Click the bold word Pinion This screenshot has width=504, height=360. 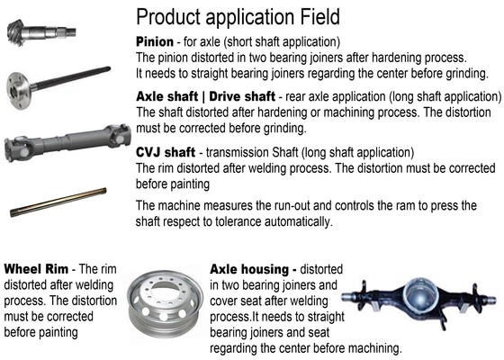tap(155, 41)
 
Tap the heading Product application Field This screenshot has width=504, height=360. tap(238, 17)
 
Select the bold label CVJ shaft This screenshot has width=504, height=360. tap(166, 152)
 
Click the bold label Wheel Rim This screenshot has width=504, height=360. tap(36, 269)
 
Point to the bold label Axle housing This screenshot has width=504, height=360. tap(253, 269)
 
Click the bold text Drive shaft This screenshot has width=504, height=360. tap(242, 96)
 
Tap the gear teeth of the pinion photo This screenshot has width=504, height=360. tap(15, 32)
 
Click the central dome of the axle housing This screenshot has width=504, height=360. tap(421, 294)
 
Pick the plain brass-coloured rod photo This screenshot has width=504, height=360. tap(58, 202)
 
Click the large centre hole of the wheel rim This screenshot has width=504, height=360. tap(166, 288)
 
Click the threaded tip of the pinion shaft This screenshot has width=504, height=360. tap(71, 31)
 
